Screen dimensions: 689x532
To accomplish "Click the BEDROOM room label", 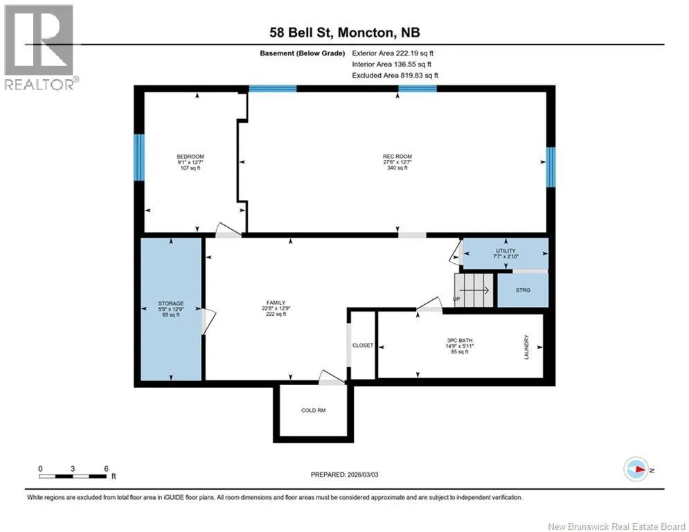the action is [x=190, y=157].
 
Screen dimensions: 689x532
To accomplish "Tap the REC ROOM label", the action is [x=397, y=156].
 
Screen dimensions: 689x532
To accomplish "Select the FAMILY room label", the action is [x=276, y=303].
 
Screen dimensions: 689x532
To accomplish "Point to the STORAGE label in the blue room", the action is [x=171, y=303].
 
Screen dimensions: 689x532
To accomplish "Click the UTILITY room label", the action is [x=505, y=251].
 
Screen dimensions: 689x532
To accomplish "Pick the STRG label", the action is [x=523, y=290].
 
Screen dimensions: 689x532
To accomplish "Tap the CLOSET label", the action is [x=363, y=346].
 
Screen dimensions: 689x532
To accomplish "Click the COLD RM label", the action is [x=313, y=410].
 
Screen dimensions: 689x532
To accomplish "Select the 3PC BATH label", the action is [x=460, y=340].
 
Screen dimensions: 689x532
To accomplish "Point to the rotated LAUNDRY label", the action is [x=526, y=347].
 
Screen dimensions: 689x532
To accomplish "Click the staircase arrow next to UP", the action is [x=474, y=290].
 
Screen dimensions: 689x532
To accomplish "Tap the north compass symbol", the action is [x=636, y=469].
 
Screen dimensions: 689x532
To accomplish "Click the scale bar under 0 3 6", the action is [x=73, y=476].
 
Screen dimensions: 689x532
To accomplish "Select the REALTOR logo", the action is [x=39, y=47].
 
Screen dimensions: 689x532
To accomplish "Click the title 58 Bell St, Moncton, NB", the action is [x=345, y=33].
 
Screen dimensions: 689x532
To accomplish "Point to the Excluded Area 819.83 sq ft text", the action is [x=395, y=76].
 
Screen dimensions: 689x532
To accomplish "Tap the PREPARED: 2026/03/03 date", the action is [x=345, y=475].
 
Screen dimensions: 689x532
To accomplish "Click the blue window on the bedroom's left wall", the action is [x=139, y=157].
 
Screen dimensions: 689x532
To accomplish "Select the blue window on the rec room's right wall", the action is [x=551, y=167].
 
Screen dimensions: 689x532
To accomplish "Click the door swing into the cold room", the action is [x=330, y=378].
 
